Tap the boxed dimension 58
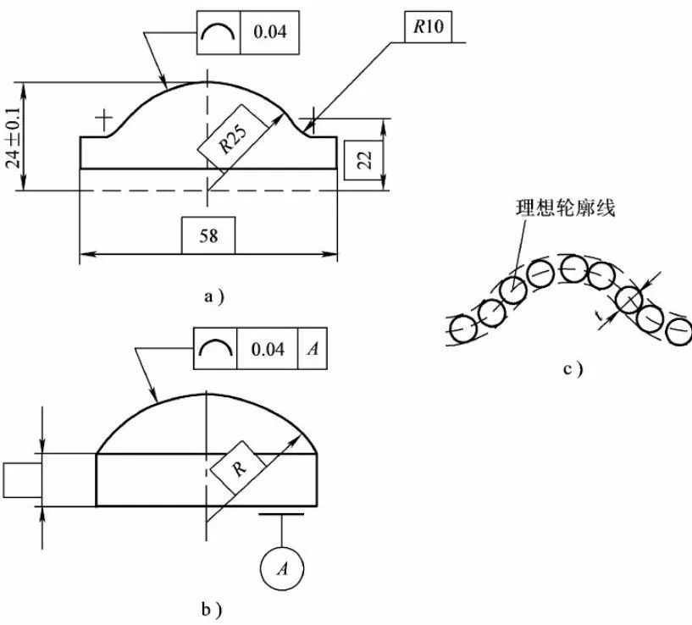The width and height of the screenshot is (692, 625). pyautogui.click(x=208, y=235)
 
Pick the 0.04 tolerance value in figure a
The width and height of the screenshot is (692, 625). pyautogui.click(x=270, y=32)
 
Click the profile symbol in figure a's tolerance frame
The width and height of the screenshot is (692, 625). pyautogui.click(x=219, y=32)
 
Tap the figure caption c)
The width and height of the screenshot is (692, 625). pyautogui.click(x=573, y=368)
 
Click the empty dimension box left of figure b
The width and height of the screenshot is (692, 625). pyautogui.click(x=19, y=480)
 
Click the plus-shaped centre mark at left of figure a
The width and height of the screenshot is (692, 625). pyautogui.click(x=105, y=120)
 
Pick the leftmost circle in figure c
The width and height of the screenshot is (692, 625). pyautogui.click(x=462, y=326)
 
